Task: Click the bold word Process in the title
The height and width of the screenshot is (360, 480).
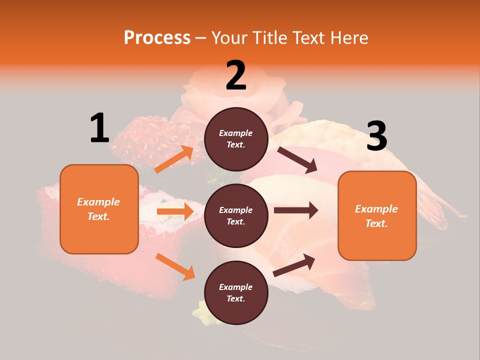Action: point(157,38)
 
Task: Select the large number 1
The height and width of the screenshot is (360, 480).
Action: point(99,128)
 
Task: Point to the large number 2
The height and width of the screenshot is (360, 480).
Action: point(236,75)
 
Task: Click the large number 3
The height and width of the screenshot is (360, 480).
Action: point(376,136)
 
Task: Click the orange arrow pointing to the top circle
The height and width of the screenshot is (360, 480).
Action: point(174,159)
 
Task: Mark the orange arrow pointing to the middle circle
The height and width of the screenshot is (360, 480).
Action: point(175,211)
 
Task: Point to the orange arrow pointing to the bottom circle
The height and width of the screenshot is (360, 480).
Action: point(175,266)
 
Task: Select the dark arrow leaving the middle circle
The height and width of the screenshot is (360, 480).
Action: point(296,210)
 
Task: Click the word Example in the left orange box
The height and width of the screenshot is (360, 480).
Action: point(98,202)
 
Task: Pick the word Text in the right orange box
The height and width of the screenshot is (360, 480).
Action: point(376,223)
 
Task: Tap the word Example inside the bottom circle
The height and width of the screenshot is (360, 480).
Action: point(236,287)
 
